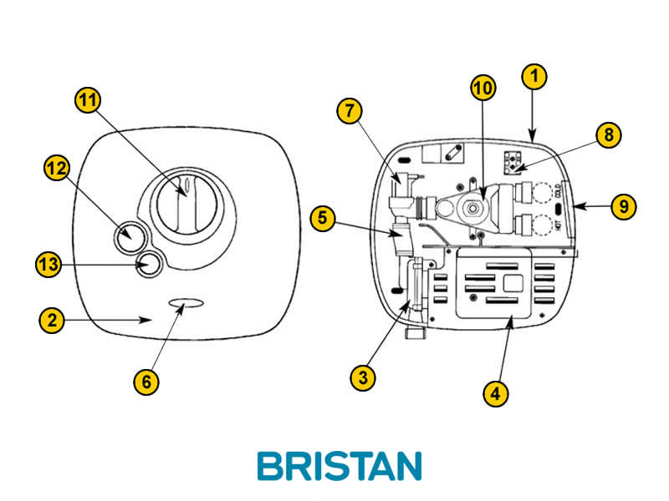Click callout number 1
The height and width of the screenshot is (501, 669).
click(534, 76)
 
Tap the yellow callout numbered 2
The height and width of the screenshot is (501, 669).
click(52, 320)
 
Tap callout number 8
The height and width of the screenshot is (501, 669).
click(608, 134)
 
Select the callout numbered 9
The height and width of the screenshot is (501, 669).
click(623, 206)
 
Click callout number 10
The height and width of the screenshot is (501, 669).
click(483, 87)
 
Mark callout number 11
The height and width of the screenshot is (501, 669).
click(87, 99)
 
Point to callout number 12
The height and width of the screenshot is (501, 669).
click(56, 169)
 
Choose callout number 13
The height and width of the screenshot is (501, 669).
click(48, 266)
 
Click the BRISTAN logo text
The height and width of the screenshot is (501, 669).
click(340, 466)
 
